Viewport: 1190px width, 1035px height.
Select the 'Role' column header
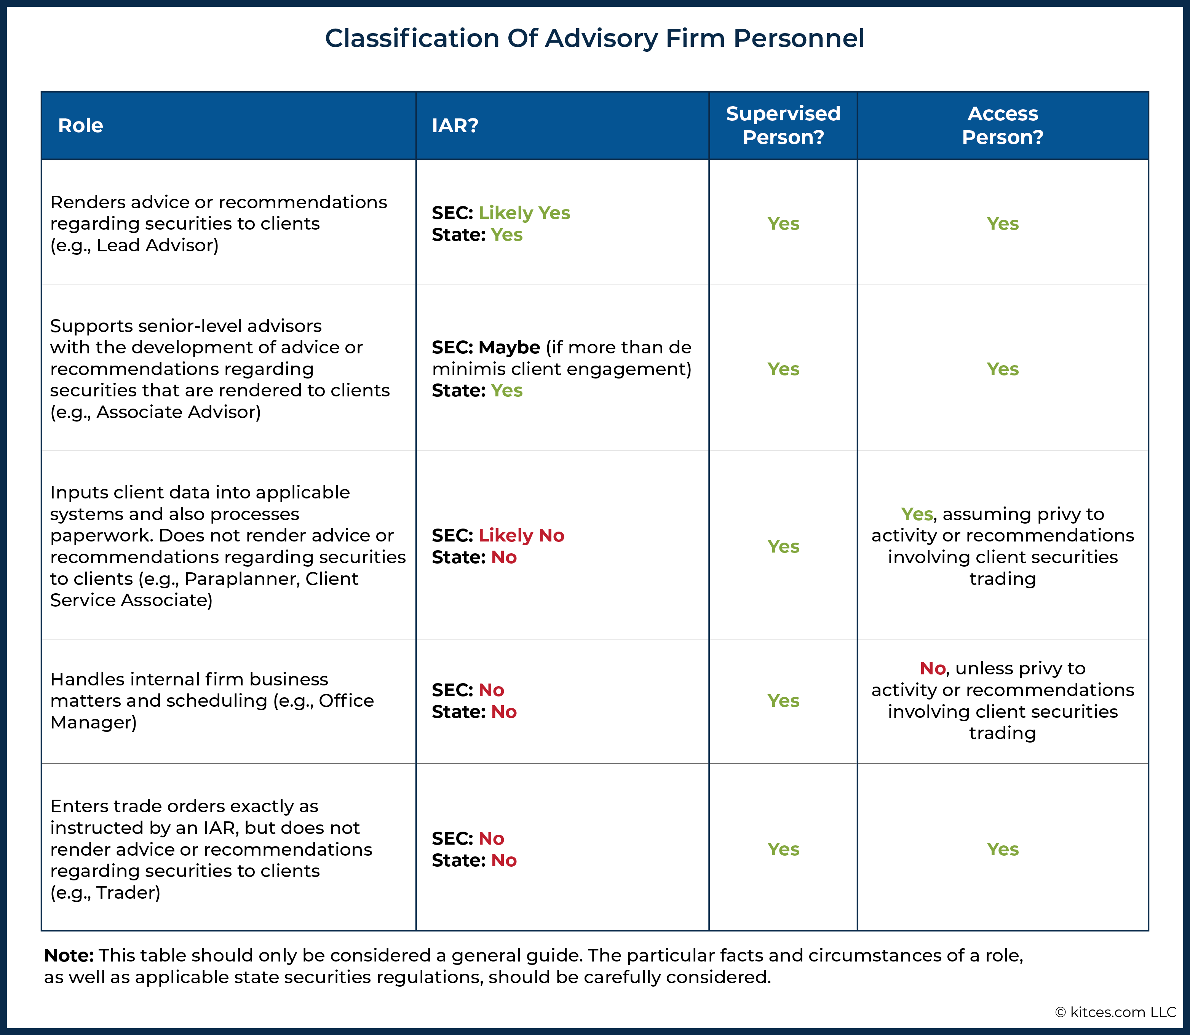coord(80,125)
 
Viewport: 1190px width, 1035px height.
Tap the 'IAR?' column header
coord(455,125)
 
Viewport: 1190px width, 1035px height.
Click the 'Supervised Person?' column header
coord(783,125)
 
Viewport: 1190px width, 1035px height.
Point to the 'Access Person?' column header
coord(1002,125)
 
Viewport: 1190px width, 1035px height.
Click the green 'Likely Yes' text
coord(524,213)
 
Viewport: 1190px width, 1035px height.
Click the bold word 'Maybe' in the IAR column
coord(509,348)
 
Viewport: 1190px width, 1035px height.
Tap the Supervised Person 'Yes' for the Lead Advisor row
coord(783,224)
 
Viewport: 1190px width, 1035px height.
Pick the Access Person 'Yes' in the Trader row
coord(1002,849)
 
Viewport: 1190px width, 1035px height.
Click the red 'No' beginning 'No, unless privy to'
coord(932,668)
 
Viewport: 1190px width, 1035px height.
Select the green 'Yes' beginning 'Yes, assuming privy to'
coord(917,514)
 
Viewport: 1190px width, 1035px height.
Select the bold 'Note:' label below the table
coord(69,956)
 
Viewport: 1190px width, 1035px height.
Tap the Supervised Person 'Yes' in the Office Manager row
coord(783,701)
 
